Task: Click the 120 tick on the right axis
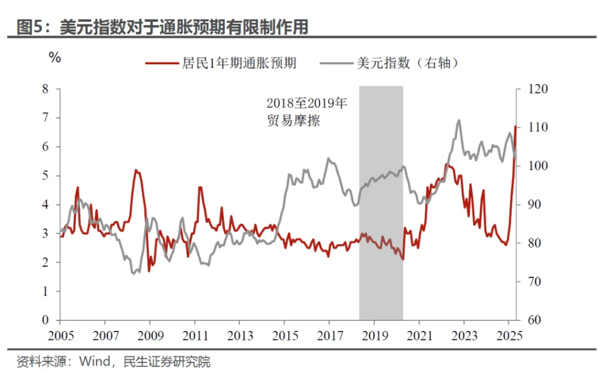coord(538,89)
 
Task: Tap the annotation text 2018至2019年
coord(307,104)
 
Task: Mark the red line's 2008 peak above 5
coord(136,170)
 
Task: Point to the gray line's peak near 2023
coord(458,121)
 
